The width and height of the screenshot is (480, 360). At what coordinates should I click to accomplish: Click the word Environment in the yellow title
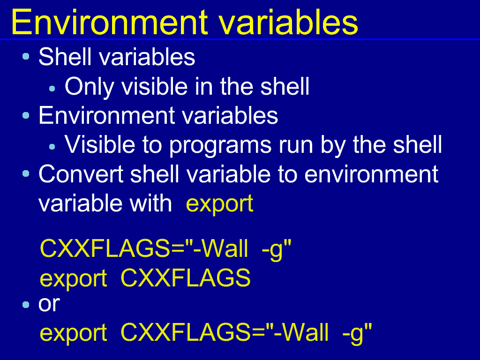click(x=109, y=22)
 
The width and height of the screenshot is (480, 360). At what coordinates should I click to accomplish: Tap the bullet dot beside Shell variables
click(x=26, y=56)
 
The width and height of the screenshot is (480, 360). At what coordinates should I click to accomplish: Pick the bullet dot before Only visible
click(x=52, y=89)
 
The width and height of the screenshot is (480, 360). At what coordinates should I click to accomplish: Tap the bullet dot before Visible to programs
click(x=52, y=147)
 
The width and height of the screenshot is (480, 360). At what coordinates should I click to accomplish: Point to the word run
click(x=296, y=147)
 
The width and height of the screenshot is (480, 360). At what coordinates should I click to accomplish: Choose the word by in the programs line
click(x=333, y=145)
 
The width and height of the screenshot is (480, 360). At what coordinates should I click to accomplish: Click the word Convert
click(x=81, y=174)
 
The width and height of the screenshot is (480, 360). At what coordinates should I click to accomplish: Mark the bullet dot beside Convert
click(x=26, y=174)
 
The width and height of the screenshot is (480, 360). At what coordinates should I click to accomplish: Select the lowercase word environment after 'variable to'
click(x=371, y=174)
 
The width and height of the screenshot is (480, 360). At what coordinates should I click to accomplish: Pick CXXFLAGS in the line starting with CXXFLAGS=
click(x=105, y=248)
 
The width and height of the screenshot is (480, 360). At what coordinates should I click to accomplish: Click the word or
click(x=49, y=304)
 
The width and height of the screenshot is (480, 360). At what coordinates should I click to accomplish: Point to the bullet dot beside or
click(x=26, y=305)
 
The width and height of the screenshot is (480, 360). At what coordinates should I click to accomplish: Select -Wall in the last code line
click(x=301, y=332)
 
